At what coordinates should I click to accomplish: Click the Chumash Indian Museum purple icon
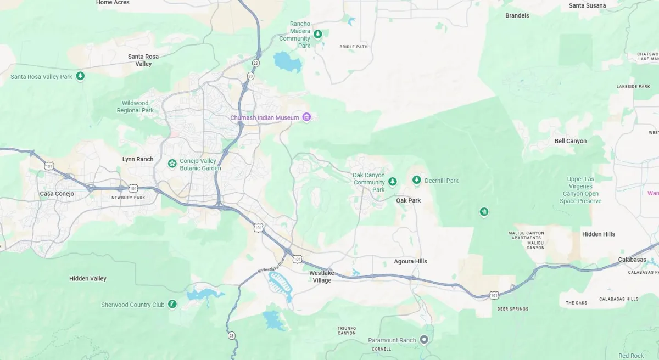pos(306,117)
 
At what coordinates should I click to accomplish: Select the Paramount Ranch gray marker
pos(424,340)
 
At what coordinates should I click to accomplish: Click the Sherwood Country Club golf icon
pos(172,304)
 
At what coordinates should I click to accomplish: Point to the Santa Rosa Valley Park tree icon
pos(80,76)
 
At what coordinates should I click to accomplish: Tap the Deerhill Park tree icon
pos(417,180)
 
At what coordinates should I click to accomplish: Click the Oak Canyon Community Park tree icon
pos(392,182)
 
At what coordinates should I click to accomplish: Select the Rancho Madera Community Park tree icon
pos(317,35)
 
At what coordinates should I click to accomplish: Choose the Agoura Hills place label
pos(410,261)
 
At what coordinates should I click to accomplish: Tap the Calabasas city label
pos(632,260)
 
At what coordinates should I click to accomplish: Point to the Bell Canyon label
pos(570,141)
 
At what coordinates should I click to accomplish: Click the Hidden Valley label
pos(88,279)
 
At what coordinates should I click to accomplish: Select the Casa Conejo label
pos(57,194)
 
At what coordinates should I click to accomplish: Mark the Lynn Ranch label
pos(137,159)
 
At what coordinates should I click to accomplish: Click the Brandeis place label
pos(517,15)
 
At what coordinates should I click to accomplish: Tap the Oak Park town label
pos(408,200)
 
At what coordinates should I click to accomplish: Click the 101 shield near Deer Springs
pos(494,295)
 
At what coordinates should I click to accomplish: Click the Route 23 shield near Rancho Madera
pos(250,76)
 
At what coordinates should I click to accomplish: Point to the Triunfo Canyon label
pos(346,330)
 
